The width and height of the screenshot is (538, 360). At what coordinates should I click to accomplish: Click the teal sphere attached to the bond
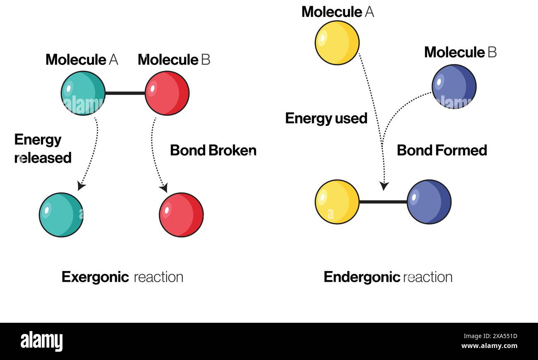click(x=83, y=93)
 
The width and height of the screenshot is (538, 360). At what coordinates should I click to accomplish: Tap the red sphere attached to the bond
click(x=167, y=93)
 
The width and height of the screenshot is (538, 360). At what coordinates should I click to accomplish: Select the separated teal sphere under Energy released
click(x=61, y=215)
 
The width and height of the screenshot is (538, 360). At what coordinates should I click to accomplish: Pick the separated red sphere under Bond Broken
click(x=181, y=215)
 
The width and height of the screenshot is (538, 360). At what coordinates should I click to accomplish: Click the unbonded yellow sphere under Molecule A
click(x=337, y=43)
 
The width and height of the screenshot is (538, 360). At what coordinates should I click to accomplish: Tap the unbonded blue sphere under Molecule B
click(x=454, y=86)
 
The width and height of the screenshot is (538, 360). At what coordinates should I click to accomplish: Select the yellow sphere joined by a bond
click(x=337, y=202)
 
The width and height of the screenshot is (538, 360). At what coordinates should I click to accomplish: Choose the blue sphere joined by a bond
click(x=429, y=202)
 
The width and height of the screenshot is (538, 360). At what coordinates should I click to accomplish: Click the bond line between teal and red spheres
click(x=125, y=93)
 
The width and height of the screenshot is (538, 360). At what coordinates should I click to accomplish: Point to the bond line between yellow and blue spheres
click(x=383, y=202)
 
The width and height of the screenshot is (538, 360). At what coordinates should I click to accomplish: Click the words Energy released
click(x=43, y=149)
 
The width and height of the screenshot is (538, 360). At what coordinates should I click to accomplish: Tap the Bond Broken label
click(x=213, y=150)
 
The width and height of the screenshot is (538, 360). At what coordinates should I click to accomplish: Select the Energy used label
click(x=326, y=118)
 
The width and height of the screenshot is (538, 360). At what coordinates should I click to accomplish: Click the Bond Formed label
click(x=442, y=150)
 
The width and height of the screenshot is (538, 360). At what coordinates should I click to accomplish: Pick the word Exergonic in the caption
click(x=95, y=277)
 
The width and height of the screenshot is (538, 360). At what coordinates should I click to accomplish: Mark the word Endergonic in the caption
click(x=362, y=277)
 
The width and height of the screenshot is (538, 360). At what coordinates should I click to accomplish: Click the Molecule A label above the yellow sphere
click(x=338, y=12)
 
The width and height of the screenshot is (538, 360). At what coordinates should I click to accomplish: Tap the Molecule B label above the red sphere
click(x=174, y=60)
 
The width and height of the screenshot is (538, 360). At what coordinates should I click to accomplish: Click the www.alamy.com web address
click(x=489, y=346)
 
